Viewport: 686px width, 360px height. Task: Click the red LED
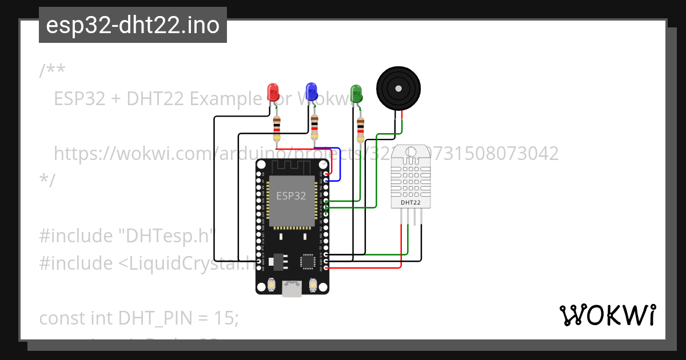(x=273, y=91)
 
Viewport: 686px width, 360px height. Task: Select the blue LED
(x=311, y=91)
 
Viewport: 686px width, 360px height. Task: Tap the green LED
(x=356, y=93)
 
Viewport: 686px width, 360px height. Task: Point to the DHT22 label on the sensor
(x=410, y=202)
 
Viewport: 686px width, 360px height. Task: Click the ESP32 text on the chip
(x=291, y=195)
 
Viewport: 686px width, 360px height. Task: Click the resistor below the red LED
(x=277, y=128)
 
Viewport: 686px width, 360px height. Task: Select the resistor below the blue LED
(x=314, y=127)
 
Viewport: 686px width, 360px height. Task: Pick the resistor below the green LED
(x=360, y=129)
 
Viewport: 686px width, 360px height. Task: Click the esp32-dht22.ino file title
(x=133, y=25)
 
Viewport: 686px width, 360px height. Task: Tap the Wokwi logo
(x=608, y=315)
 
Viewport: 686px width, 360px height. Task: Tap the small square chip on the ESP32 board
(x=307, y=261)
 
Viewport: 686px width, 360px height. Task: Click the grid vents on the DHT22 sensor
(x=411, y=178)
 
